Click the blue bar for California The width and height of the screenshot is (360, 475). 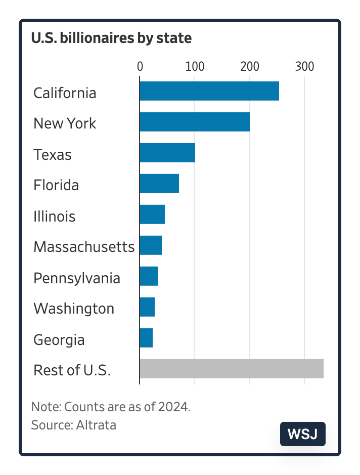(209, 91)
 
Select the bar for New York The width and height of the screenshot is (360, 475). (195, 122)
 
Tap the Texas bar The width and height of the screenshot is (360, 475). (167, 153)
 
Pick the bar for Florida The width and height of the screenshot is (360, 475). (159, 184)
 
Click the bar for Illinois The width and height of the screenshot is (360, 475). (152, 214)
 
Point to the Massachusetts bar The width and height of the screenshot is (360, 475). (151, 245)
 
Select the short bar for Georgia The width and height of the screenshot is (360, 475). (146, 338)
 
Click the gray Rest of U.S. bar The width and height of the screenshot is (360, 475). (232, 369)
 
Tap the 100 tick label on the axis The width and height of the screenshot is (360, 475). (195, 66)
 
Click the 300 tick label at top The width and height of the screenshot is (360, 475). (304, 66)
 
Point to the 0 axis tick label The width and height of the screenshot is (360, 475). (140, 66)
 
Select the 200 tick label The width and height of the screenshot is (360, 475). (249, 66)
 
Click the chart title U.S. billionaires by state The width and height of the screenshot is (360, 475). (111, 38)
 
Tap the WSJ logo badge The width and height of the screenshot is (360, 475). (303, 434)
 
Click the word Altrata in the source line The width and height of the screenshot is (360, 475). (96, 425)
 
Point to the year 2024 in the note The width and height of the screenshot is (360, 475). (176, 407)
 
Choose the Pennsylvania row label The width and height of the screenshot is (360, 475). (77, 278)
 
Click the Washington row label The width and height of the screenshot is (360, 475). (74, 309)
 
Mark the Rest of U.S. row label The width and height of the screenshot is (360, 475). (72, 370)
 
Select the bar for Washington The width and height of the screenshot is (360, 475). (147, 307)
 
